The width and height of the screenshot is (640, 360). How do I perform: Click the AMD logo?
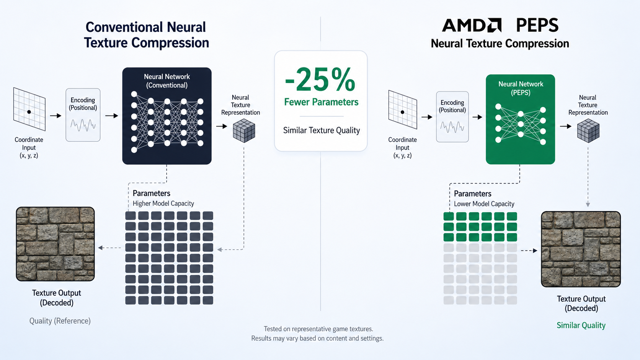pyautogui.click(x=472, y=25)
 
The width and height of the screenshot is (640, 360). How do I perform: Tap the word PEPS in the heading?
pyautogui.click(x=537, y=25)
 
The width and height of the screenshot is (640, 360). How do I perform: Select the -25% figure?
pyautogui.click(x=320, y=80)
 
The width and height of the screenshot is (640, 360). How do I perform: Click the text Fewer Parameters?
pyautogui.click(x=321, y=102)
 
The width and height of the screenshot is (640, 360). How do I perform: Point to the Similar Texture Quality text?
pyautogui.click(x=322, y=130)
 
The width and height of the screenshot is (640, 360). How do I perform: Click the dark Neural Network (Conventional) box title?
pyautogui.click(x=167, y=81)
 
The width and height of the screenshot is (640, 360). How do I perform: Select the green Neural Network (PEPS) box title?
pyautogui.click(x=521, y=88)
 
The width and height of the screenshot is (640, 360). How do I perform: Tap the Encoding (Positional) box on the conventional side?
pyautogui.click(x=83, y=115)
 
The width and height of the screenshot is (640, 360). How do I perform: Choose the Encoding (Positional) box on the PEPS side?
pyautogui.click(x=452, y=117)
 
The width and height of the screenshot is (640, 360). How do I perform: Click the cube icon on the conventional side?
pyautogui.click(x=244, y=130)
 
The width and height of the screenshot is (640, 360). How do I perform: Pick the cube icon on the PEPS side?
pyautogui.click(x=588, y=130)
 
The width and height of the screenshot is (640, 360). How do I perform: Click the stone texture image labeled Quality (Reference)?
pyautogui.click(x=56, y=244)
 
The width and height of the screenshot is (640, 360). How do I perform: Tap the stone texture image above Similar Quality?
pyautogui.click(x=581, y=249)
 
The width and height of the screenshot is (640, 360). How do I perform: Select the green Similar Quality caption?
pyautogui.click(x=581, y=325)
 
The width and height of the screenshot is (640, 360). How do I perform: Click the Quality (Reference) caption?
pyautogui.click(x=60, y=321)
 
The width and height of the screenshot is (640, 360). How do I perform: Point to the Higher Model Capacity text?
pyautogui.click(x=163, y=203)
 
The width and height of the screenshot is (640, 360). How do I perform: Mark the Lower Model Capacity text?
pyautogui.click(x=484, y=204)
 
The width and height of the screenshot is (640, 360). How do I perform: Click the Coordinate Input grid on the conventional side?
pyautogui.click(x=29, y=109)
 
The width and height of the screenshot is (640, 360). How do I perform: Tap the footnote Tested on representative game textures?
pyautogui.click(x=318, y=329)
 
